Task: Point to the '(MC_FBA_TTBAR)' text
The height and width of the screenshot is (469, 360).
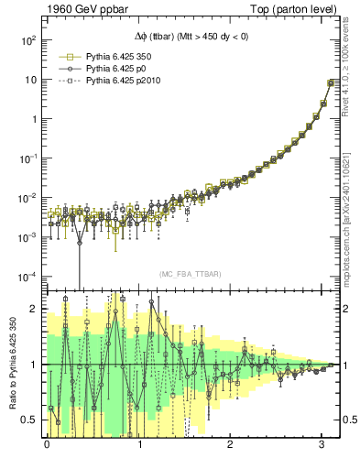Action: pyautogui.click(x=188, y=275)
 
